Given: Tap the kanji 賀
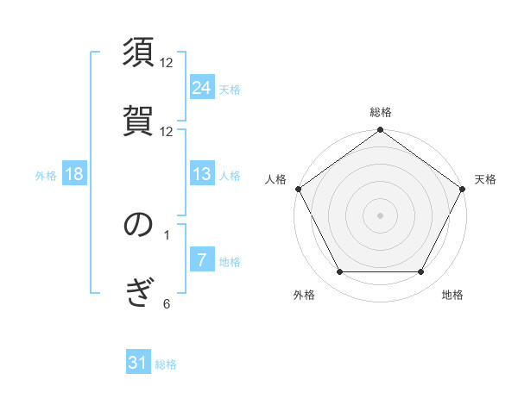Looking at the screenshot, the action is click(x=139, y=120).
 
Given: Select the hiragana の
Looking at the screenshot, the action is click(x=139, y=225).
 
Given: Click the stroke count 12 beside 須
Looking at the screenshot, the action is click(x=167, y=63).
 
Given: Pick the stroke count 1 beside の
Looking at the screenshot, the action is click(x=167, y=234).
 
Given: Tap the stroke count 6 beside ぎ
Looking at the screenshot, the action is click(x=167, y=302).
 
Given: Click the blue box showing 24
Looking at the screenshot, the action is click(x=201, y=87).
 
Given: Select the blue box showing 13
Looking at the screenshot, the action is click(x=201, y=174).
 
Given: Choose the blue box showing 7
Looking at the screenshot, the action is click(x=201, y=260).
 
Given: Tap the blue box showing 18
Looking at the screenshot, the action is click(x=74, y=174).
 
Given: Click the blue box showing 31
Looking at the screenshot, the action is click(x=138, y=363).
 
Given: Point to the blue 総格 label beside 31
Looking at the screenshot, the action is click(x=166, y=364).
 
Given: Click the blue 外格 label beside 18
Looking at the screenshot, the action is click(x=46, y=176).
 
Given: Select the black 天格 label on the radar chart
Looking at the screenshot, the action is click(x=485, y=179).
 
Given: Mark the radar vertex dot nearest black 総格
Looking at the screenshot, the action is click(x=380, y=130).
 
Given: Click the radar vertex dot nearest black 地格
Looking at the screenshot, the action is click(x=421, y=272).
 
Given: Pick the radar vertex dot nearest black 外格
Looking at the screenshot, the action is click(x=339, y=272).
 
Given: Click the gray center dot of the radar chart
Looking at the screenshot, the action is click(x=380, y=215).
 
